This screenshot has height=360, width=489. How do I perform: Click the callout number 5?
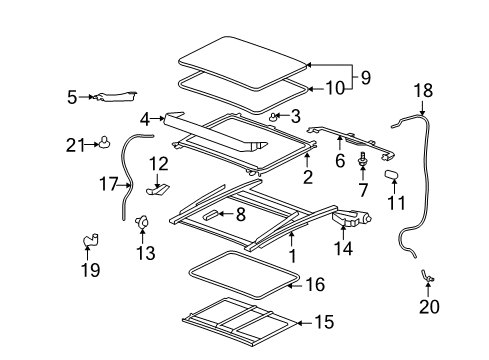click(72, 97)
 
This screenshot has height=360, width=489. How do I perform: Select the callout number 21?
click(73, 145)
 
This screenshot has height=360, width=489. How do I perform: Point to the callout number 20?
click(428, 307)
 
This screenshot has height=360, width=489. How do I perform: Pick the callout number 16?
click(315, 285)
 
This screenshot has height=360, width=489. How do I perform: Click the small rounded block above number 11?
click(392, 175)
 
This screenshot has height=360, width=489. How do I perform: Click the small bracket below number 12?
click(158, 184)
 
